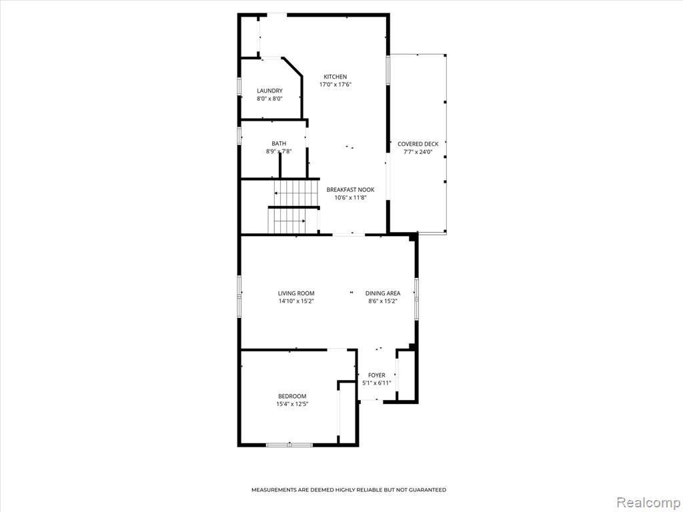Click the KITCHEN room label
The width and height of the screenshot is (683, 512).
coord(335,77)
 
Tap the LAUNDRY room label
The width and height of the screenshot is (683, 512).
coord(269,91)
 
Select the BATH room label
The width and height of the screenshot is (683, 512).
coord(279,143)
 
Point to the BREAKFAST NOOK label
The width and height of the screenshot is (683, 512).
coord(350,189)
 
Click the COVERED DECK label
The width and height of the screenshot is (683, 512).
coord(418,144)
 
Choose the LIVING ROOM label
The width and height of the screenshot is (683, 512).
coord(296,293)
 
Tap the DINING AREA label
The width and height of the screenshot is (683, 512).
coord(382,293)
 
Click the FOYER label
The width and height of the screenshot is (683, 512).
coord(376,375)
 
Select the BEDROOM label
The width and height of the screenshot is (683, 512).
coord(292,396)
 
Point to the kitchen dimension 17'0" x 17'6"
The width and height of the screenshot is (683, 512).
coord(335,85)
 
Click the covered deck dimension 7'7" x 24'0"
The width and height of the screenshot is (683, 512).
coord(418,152)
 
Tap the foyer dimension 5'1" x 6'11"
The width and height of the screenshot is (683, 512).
coord(376,383)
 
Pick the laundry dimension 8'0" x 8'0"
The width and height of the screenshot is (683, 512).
coord(269,99)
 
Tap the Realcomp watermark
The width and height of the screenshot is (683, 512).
coord(648,503)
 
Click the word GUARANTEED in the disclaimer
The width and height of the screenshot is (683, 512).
coord(429,490)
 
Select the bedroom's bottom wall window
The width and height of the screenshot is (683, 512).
coord(289,445)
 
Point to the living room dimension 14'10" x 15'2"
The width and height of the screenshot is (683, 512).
coord(296,301)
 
